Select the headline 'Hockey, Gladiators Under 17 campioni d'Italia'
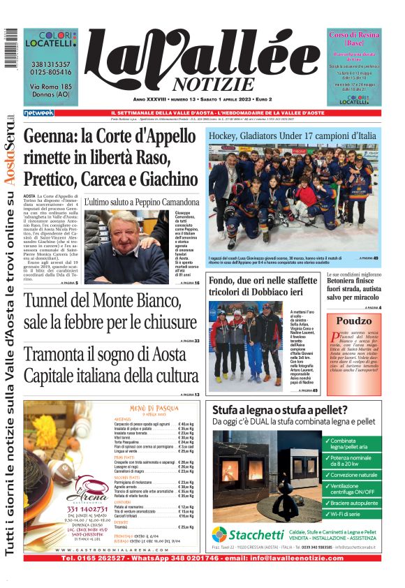click(x=293, y=134)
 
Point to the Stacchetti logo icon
click(x=219, y=534)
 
